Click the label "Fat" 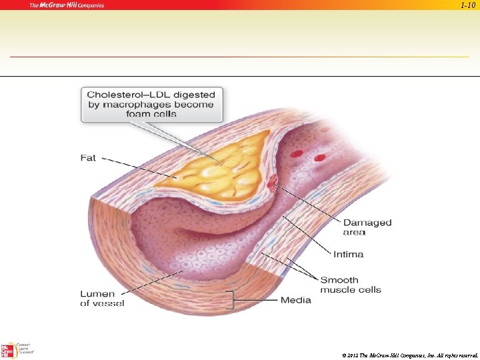88,158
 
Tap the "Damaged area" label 367,227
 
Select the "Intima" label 348,254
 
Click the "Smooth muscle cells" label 350,285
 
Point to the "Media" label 295,300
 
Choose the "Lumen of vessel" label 102,298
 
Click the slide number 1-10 469,5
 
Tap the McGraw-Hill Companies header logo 67,5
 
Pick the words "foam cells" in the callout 151,114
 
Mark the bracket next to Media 231,300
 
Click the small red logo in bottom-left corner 8,351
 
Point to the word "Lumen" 98,293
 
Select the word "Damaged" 367,223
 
